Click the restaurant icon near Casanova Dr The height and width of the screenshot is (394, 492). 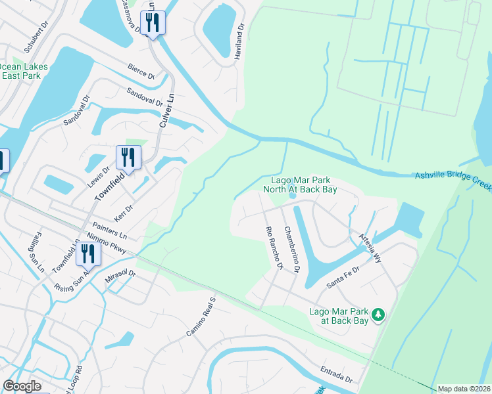(153, 23)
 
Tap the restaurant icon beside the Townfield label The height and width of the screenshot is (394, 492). (128, 158)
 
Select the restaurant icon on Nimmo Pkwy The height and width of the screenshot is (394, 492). (87, 254)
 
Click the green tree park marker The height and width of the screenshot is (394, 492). (378, 315)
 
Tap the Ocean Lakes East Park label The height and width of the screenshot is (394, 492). (20, 71)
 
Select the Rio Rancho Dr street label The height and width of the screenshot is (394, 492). (274, 249)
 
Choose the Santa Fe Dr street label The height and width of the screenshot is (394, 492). (343, 278)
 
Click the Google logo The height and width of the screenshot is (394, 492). (22, 386)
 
